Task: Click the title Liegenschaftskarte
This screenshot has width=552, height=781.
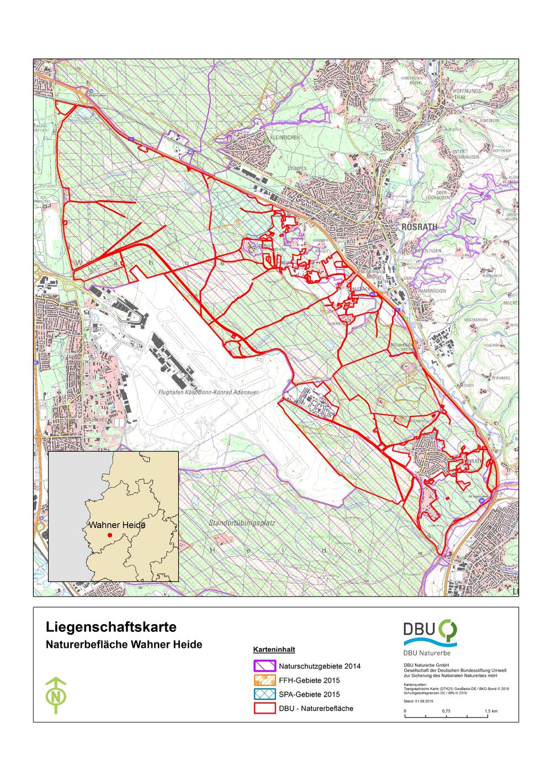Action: pyautogui.click(x=111, y=628)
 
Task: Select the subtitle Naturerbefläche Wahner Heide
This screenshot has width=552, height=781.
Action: pyautogui.click(x=124, y=645)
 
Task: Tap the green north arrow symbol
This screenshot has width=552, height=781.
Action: pyautogui.click(x=55, y=694)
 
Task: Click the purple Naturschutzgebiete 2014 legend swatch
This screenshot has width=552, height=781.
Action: pyautogui.click(x=264, y=666)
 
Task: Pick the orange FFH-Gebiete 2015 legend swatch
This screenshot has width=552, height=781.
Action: pyautogui.click(x=264, y=680)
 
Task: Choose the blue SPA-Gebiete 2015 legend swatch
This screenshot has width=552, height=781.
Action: pyautogui.click(x=264, y=694)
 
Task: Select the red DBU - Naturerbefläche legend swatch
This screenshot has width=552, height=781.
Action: pyautogui.click(x=264, y=708)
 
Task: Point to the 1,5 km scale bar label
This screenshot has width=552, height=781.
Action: pyautogui.click(x=491, y=710)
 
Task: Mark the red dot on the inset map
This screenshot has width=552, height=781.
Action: pyautogui.click(x=110, y=535)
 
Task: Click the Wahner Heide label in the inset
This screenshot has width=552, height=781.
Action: pyautogui.click(x=117, y=525)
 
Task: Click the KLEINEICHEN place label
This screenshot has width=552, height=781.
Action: pyautogui.click(x=285, y=137)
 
